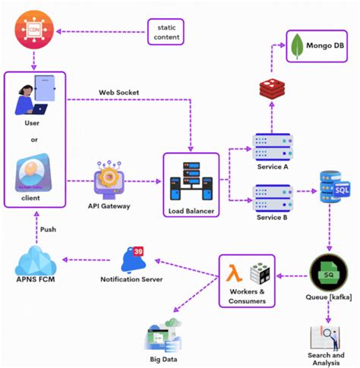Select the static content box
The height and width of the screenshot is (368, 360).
[x=166, y=31]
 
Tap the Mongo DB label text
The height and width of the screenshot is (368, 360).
[x=324, y=47]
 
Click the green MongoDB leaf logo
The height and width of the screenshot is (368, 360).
[x=295, y=47]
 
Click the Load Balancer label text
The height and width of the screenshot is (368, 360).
[x=191, y=211]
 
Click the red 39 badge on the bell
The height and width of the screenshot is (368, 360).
[x=139, y=251]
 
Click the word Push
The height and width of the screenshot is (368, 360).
[x=48, y=229]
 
